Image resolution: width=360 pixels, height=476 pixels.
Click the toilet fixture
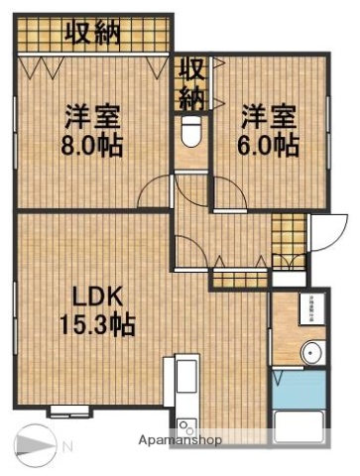191,133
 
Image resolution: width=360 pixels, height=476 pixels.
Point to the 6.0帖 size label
269,145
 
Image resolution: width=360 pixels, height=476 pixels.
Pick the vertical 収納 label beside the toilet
189,84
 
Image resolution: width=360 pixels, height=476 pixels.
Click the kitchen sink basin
187,379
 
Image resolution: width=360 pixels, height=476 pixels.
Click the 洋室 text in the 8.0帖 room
91,115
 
